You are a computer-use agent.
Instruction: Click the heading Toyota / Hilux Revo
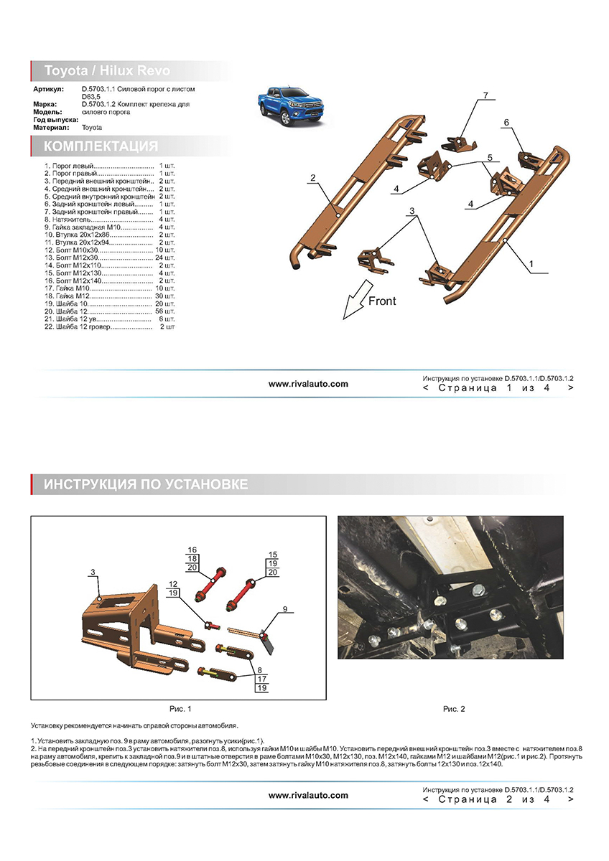pyautogui.click(x=108, y=71)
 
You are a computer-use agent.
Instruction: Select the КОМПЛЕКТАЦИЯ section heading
pyautogui.click(x=101, y=146)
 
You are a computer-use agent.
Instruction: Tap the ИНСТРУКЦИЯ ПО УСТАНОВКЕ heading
pyautogui.click(x=146, y=484)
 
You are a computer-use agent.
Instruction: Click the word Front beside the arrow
pyautogui.click(x=382, y=301)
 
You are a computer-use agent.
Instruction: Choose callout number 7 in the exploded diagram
pyautogui.click(x=485, y=95)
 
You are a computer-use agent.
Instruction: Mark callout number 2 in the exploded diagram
pyautogui.click(x=313, y=178)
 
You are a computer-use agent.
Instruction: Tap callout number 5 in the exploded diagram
pyautogui.click(x=489, y=157)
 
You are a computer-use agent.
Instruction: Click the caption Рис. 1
pyautogui.click(x=180, y=709)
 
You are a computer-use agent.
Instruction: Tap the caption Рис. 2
pyautogui.click(x=454, y=709)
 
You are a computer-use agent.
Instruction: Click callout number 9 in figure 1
pyautogui.click(x=284, y=609)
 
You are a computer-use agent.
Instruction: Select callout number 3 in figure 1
pyautogui.click(x=93, y=572)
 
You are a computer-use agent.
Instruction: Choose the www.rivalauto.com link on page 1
pyautogui.click(x=308, y=384)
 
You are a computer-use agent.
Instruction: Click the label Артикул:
pyautogui.click(x=48, y=88)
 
